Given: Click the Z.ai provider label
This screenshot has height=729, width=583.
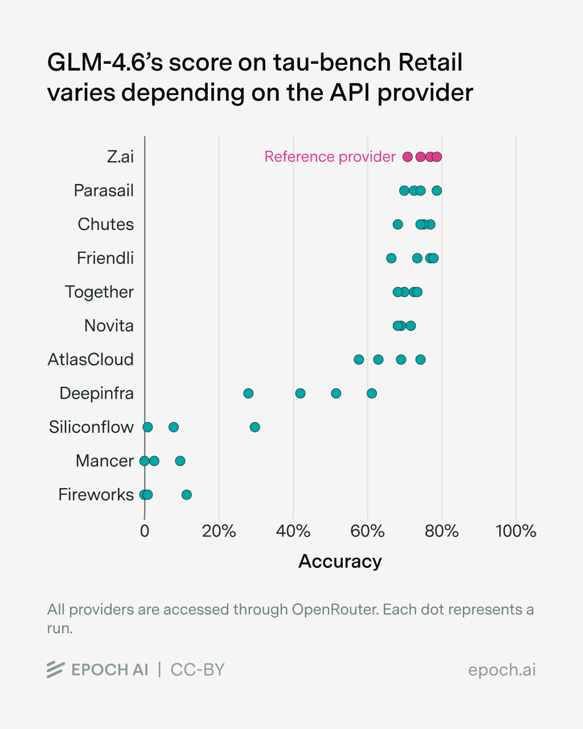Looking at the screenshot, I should click(x=120, y=157).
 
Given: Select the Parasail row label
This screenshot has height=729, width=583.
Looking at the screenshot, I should click(x=104, y=190).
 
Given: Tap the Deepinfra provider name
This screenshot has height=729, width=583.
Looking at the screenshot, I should click(x=96, y=393).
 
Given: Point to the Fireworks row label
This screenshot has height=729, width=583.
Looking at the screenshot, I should click(x=96, y=494).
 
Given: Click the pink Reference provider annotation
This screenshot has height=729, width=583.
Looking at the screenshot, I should click(x=330, y=157).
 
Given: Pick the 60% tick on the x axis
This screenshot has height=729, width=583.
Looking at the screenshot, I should click(x=367, y=531).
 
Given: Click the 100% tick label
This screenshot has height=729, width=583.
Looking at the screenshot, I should click(x=516, y=531).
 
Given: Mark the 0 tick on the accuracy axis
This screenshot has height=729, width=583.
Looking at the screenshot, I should click(x=145, y=531).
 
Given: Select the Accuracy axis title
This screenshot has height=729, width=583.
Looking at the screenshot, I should click(x=340, y=562).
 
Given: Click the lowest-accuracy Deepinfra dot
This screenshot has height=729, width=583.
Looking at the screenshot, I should click(x=248, y=394).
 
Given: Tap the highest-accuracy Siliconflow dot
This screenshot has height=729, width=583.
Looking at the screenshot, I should click(x=254, y=427).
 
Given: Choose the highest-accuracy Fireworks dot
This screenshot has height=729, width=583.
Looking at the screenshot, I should click(x=186, y=495).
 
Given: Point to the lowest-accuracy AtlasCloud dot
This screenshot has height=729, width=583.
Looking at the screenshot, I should click(x=359, y=359).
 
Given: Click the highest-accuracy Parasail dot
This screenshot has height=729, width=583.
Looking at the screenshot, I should click(x=437, y=191).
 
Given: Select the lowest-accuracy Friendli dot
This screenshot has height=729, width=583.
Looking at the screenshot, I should click(x=391, y=258).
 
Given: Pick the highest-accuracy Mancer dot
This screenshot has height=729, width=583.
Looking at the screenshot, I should click(x=180, y=461).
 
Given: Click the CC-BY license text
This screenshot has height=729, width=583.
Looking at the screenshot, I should click(x=198, y=670).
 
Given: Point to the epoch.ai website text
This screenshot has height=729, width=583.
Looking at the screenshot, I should click(x=502, y=670).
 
